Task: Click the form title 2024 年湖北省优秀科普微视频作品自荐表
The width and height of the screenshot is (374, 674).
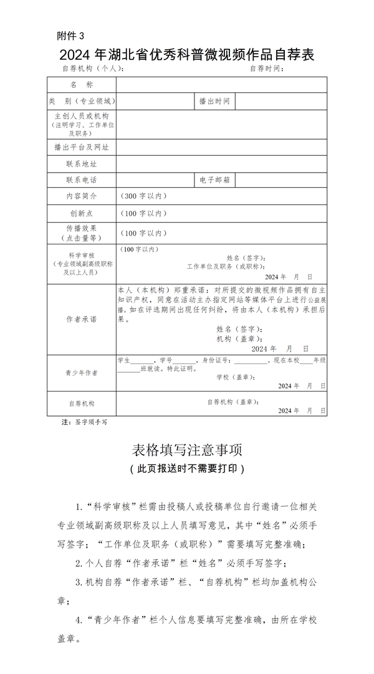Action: tap(187, 55)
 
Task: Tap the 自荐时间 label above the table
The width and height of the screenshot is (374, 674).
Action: tap(267, 69)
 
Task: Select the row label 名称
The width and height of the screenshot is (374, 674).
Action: tap(81, 84)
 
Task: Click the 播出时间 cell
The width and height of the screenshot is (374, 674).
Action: tap(214, 100)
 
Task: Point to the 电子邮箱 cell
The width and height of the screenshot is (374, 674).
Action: tap(214, 180)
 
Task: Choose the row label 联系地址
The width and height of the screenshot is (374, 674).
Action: tap(81, 164)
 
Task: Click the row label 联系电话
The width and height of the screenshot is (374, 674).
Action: tap(81, 180)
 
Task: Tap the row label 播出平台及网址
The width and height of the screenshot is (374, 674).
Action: tap(81, 147)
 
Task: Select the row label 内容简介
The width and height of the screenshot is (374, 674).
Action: tap(81, 196)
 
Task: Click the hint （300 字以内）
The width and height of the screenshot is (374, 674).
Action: tap(143, 196)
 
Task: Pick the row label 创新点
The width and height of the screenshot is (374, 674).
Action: tap(81, 213)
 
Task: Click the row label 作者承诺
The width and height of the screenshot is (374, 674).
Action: tap(81, 319)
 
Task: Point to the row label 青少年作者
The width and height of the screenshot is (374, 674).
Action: tap(81, 372)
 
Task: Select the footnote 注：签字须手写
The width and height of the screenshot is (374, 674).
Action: tap(84, 422)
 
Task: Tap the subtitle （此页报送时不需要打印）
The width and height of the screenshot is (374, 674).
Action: tap(187, 468)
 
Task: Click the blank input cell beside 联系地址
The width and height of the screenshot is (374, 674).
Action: tap(221, 164)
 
